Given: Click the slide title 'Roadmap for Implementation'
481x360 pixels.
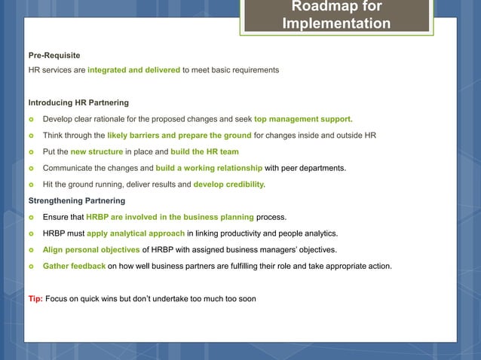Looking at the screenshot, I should coord(336,15).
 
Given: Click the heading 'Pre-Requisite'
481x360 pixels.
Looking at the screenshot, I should coord(54,56).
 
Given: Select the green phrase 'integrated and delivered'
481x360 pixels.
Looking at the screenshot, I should coord(133,70).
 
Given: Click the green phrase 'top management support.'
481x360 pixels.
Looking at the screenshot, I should coord(303,119).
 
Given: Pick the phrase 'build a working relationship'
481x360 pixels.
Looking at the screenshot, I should coord(208,168).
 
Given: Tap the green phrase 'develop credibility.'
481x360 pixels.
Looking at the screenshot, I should coord(230,185).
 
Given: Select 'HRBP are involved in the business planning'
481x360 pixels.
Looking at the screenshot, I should coord(170,217).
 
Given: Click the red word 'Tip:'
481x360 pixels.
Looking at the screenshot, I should coord(35,299).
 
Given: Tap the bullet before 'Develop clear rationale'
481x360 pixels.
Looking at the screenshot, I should coord(31,119).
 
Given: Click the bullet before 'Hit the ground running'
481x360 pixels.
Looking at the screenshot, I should coord(31,185).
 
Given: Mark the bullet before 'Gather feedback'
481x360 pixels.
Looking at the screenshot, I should coord(31,266).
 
